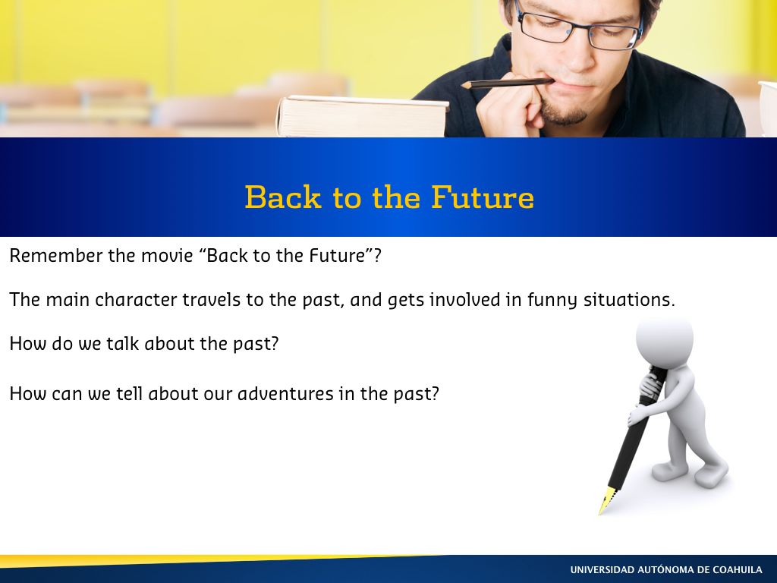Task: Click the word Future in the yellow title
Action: [483, 197]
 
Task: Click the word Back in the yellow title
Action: [283, 197]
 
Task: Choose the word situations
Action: [629, 300]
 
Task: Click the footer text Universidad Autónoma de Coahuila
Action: [666, 569]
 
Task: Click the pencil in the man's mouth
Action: [507, 83]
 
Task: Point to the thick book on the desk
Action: [363, 116]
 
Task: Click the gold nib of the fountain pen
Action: [607, 500]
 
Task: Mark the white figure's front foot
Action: [711, 474]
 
